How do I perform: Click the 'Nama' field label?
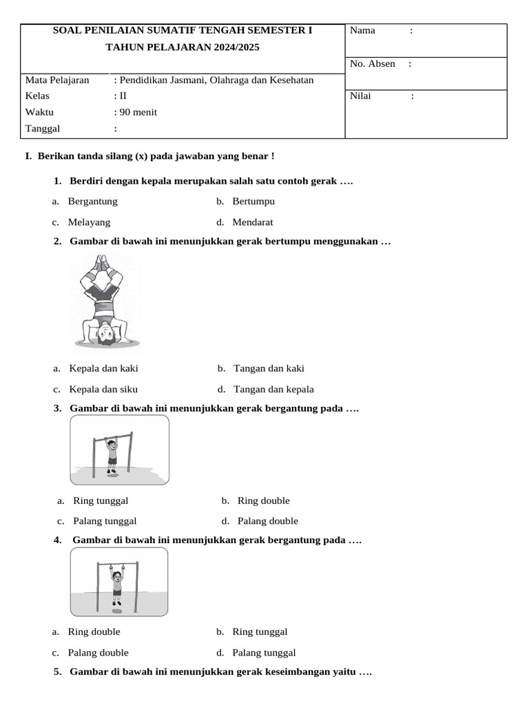362,30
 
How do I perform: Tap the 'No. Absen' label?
372,64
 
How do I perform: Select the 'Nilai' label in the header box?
360,96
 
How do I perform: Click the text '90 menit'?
138,112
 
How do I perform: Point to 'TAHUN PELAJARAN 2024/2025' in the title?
183,48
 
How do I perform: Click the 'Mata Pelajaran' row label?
57,80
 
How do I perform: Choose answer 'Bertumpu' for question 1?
253,202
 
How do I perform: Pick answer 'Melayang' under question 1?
89,222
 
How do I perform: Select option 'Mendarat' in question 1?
252,222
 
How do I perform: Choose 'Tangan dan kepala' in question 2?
273,389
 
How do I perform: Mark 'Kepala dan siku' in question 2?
103,389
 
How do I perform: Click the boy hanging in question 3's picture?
112,452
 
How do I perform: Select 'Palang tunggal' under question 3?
105,521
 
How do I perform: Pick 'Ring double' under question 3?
263,501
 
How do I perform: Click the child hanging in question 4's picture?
117,582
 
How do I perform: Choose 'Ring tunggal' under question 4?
260,632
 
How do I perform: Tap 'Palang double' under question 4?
98,653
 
